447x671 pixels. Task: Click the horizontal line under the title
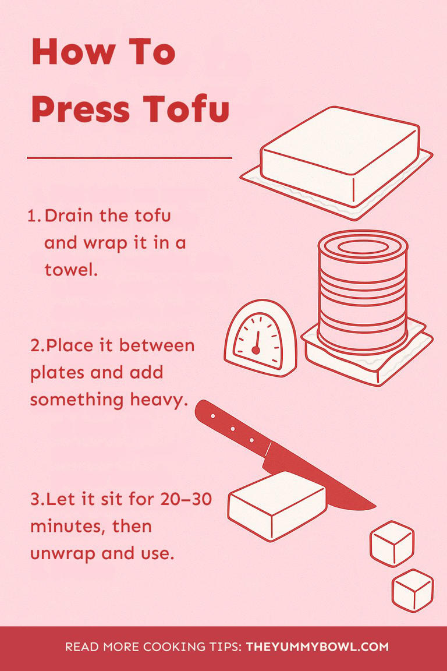[x=129, y=157]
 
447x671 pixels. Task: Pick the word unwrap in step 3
[x=63, y=553]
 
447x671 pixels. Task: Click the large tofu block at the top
[x=340, y=153]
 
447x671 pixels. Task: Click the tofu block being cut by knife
[x=276, y=505]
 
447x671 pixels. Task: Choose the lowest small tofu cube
[x=412, y=589]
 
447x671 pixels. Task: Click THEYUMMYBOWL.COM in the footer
[x=317, y=647]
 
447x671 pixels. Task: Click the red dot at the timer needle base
[x=255, y=350]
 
